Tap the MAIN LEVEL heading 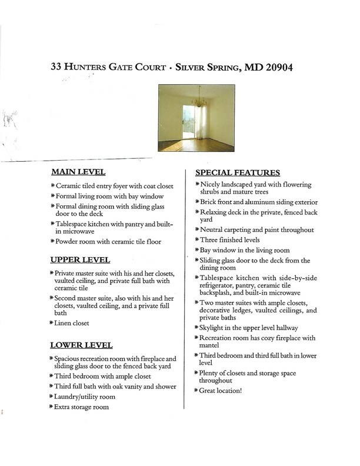point(78,172)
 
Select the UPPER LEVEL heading point(80,260)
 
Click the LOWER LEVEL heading point(82,345)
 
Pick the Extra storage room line point(82,407)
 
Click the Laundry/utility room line point(85,397)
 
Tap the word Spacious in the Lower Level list point(70,358)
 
